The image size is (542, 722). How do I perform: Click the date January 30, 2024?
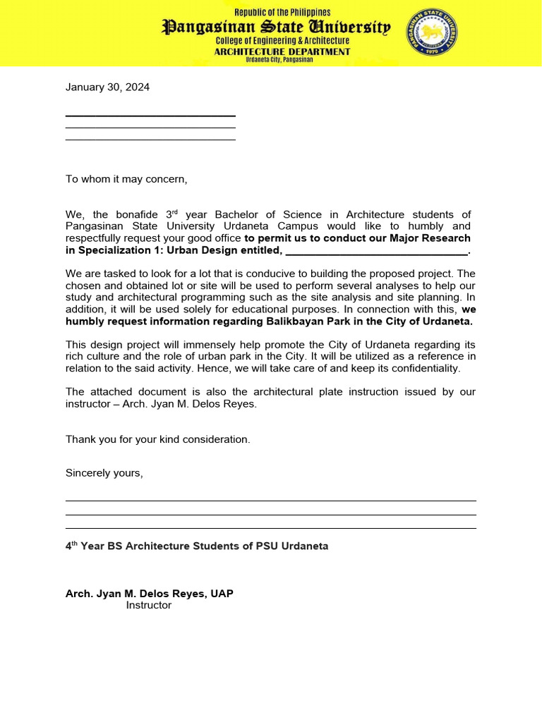click(x=107, y=87)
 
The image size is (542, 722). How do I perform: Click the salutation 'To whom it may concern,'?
click(x=127, y=179)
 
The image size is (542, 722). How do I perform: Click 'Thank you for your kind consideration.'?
click(x=158, y=439)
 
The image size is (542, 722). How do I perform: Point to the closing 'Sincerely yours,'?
click(x=104, y=473)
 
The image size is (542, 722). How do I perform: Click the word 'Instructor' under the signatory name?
click(x=149, y=605)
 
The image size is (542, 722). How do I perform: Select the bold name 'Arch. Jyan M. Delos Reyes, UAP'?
click(x=150, y=594)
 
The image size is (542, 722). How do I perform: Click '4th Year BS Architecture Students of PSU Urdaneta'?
click(x=197, y=546)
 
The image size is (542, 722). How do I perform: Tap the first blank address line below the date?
click(x=150, y=116)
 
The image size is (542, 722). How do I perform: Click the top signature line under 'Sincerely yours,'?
click(x=271, y=501)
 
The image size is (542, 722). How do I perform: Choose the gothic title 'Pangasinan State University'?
click(x=277, y=27)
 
